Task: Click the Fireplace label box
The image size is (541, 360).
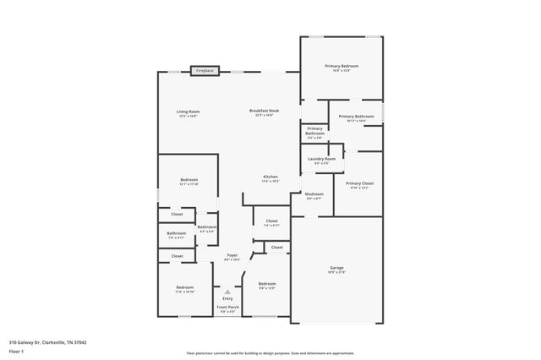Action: (205, 71)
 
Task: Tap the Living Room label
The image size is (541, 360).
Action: (188, 113)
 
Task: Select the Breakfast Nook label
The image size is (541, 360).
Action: (262, 113)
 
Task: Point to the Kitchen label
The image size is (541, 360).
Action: (270, 178)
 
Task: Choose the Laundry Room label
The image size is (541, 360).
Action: (325, 160)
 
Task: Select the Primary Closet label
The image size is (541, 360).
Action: (360, 184)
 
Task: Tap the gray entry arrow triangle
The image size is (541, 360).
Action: (227, 290)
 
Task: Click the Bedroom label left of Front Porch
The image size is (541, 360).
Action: (185, 289)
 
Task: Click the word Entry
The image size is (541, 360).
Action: (227, 298)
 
